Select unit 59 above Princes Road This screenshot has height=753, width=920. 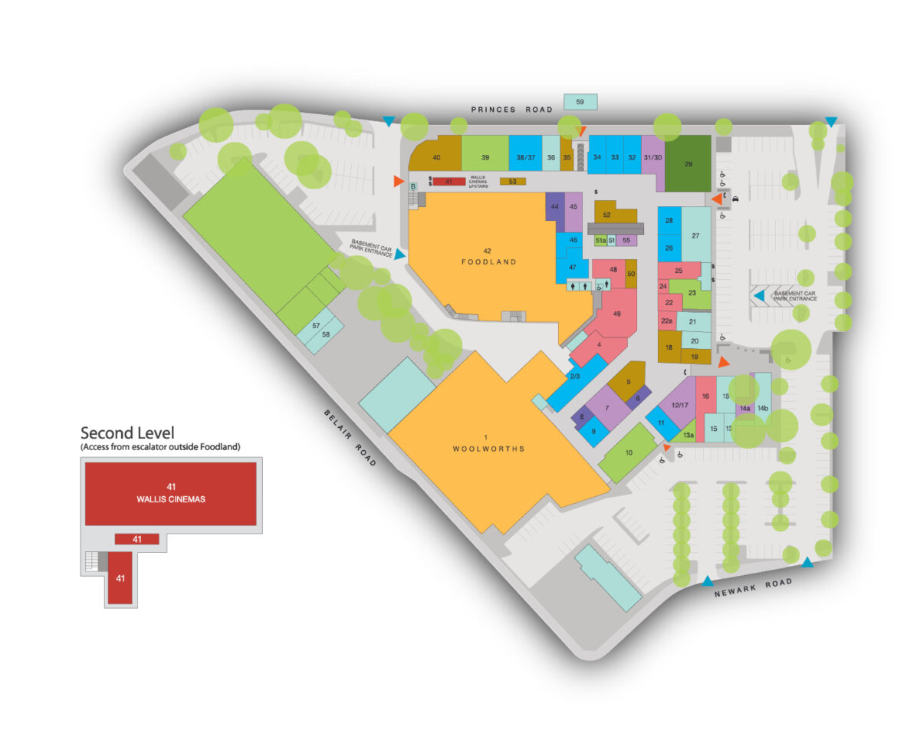580,101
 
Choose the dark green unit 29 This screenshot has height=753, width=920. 688,163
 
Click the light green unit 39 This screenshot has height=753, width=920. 485,156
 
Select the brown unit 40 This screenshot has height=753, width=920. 437,156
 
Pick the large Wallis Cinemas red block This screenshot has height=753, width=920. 170,492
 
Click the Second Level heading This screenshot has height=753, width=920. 127,433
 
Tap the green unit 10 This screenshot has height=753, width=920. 629,452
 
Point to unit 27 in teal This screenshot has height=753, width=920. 695,235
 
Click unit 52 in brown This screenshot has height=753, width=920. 606,215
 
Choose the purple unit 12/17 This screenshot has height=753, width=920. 676,404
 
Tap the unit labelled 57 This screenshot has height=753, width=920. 315,326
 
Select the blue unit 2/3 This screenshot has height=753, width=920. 575,376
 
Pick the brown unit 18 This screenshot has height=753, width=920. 669,347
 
